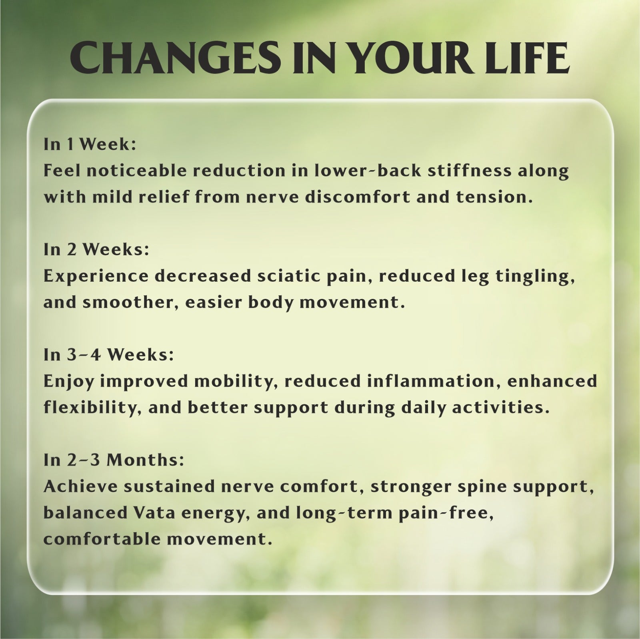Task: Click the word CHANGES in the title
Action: [x=175, y=59]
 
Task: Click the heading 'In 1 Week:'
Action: [x=90, y=145]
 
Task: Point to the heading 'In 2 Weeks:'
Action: [x=96, y=250]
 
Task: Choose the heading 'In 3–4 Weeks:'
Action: [x=109, y=355]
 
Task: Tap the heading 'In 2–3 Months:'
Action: [x=114, y=460]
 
